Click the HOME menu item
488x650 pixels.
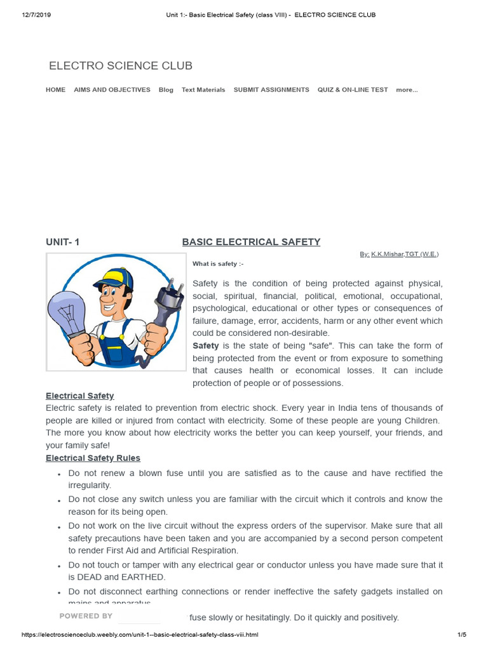55,90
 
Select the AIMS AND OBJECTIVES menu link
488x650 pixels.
112,90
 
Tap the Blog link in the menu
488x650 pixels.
166,90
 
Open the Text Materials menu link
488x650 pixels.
203,90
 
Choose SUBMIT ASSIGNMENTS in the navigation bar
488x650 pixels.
271,90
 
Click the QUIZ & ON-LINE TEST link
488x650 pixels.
353,90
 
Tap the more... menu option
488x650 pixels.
407,90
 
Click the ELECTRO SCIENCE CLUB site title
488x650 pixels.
121,66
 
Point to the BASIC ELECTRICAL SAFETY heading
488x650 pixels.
251,242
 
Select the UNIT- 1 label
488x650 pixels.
63,242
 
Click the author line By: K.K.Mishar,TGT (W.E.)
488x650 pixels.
398,254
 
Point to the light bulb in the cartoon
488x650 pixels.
68,310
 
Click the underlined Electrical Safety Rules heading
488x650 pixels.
93,458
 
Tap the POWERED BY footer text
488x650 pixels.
86,616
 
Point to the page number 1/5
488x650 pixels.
462,635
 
